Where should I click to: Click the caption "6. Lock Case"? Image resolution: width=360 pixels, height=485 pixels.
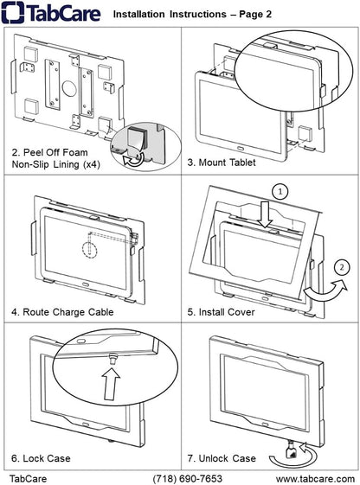point(41,457)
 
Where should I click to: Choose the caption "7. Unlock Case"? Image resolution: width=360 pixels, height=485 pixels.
point(222,457)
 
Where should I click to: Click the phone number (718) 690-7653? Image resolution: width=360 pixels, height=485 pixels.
point(187,477)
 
